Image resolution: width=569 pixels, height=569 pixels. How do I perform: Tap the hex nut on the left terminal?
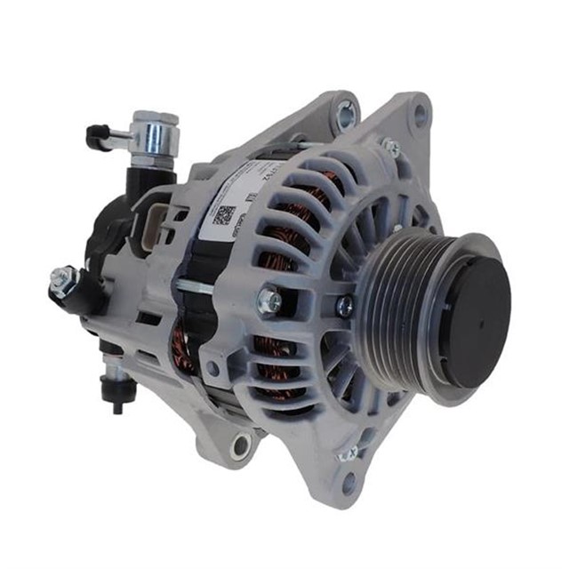tap(61, 278)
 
